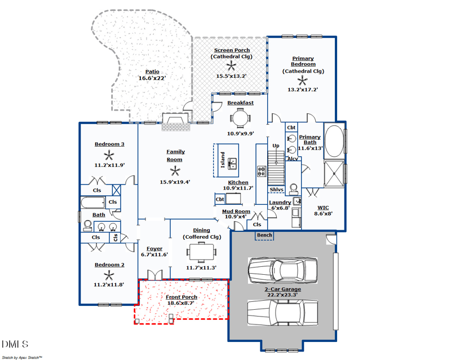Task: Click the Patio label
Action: tap(152, 72)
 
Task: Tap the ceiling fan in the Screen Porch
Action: tap(231, 65)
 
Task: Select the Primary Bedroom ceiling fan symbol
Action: tap(303, 81)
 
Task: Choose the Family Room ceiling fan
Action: tap(175, 171)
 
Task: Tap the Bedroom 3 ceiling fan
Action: tap(109, 155)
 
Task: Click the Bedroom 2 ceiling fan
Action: tap(109, 275)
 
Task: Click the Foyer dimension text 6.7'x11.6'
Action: tap(154, 254)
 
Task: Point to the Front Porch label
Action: tap(182, 297)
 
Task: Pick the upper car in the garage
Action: tap(282, 270)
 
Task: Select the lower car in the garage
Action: tap(282, 311)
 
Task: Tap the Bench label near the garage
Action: tap(264, 235)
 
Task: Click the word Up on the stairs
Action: tap(276, 146)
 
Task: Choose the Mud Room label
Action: tap(236, 212)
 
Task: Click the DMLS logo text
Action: tap(15, 344)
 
